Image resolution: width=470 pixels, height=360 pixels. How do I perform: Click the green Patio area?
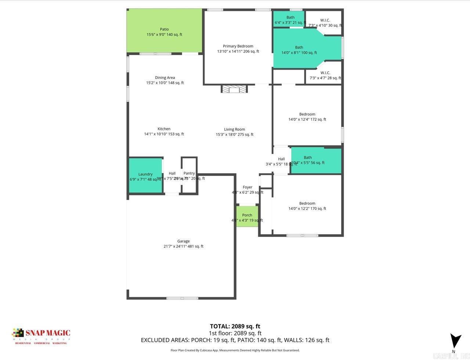point(164,32)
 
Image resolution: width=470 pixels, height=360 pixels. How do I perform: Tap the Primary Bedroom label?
point(238,46)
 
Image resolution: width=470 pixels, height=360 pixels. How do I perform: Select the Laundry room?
point(145,175)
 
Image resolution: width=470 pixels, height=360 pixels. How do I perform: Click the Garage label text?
point(183,241)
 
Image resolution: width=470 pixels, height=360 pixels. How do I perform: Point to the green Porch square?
point(247,217)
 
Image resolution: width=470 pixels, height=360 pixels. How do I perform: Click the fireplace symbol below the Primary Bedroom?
point(234,89)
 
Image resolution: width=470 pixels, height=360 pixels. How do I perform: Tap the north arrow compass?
point(455,341)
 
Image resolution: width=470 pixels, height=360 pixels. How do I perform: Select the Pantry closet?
point(189,175)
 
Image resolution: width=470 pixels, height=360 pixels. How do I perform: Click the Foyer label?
point(247,187)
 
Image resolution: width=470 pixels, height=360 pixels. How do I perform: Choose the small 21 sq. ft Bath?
point(290,19)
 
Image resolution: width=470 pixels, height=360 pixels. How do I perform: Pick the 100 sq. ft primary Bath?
point(299,50)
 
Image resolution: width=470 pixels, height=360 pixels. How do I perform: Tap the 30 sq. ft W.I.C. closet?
point(325,23)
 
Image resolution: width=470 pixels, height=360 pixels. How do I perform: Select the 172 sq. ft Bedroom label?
point(307,114)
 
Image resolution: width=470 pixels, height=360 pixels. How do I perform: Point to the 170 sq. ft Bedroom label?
point(307,204)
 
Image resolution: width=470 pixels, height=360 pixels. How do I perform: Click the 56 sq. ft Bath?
point(316,160)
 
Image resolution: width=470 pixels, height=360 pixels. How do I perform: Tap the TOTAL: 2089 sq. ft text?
point(235,326)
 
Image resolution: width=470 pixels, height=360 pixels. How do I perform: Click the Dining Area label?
point(165,78)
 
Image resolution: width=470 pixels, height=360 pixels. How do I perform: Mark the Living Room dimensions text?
point(235,134)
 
